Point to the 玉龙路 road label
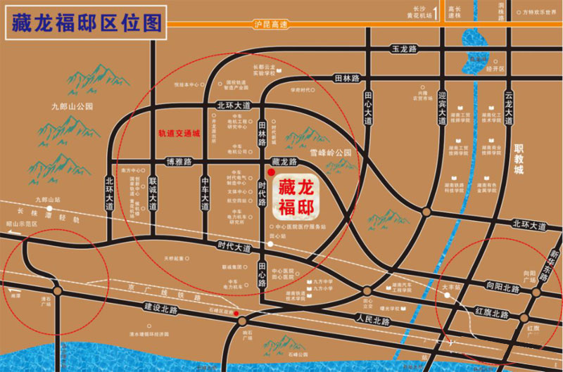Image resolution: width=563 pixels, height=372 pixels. coord(405,49)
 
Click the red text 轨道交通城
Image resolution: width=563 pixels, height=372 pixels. coord(179,133)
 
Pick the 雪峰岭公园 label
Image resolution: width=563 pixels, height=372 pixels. coord(330,152)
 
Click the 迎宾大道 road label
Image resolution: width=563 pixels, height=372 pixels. coord(442,108)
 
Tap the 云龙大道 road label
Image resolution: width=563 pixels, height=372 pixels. coord(508,106)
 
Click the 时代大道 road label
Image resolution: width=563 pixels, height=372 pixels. coord(234,248)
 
